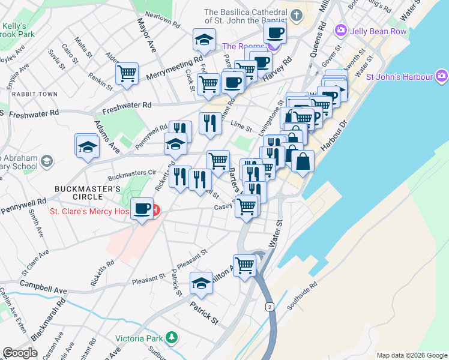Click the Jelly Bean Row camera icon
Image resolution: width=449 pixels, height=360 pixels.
pyautogui.click(x=341, y=30)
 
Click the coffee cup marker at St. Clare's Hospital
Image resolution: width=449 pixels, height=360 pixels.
pyautogui.click(x=142, y=209)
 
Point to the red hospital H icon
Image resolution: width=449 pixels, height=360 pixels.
pyautogui.click(x=155, y=211)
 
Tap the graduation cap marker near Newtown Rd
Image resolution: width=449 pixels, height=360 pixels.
pyautogui.click(x=204, y=40)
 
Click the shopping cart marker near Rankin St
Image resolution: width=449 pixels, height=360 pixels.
pyautogui.click(x=127, y=74)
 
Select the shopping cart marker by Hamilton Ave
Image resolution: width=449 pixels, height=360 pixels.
pyautogui.click(x=244, y=265)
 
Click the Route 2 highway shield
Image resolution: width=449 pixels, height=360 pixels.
pyautogui.click(x=270, y=307)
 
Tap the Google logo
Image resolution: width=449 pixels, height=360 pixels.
pyautogui.click(x=20, y=353)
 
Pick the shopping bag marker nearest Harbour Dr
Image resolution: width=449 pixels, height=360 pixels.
pyautogui.click(x=303, y=161)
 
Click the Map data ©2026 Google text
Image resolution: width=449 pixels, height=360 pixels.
pyautogui.click(x=412, y=355)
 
